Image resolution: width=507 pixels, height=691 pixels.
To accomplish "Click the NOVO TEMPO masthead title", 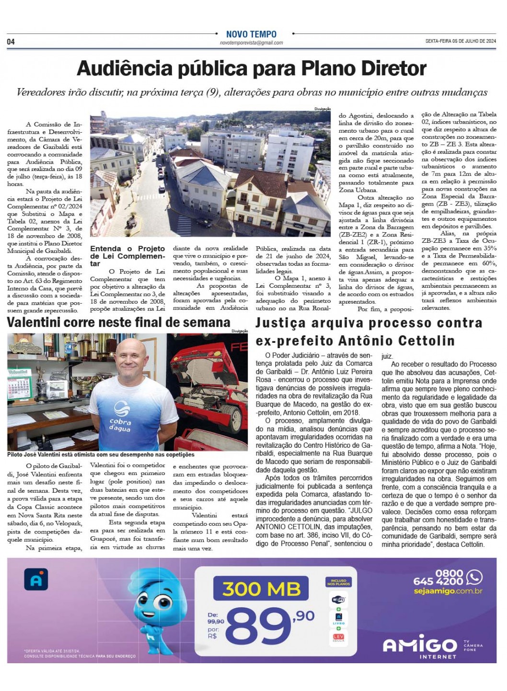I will click(251, 34).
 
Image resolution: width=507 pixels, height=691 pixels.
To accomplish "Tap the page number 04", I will click(11, 42).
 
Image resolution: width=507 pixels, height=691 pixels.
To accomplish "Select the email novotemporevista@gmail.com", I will click(251, 43).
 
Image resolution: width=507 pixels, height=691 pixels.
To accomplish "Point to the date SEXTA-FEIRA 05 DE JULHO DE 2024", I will click(461, 41).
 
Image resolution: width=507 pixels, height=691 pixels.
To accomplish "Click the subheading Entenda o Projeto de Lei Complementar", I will click(127, 256).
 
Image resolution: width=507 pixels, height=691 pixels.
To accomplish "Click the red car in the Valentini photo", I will click(211, 383).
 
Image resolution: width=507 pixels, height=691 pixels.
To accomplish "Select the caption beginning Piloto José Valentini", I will click(101, 454).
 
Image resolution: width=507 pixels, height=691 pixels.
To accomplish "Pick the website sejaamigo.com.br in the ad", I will click(448, 591).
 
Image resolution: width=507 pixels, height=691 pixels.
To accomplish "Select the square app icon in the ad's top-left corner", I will click(36, 579).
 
